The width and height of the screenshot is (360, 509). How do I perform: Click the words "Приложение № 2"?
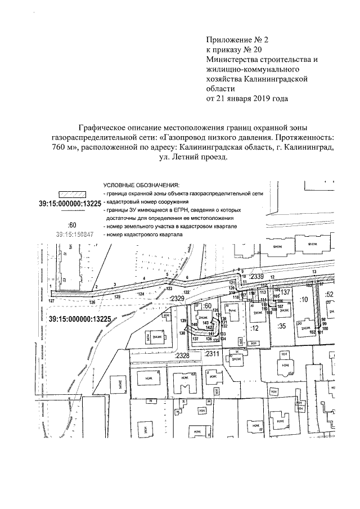pos(231,39)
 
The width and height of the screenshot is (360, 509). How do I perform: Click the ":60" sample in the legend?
pos(73,226)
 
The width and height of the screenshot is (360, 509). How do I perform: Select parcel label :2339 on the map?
pos(256,277)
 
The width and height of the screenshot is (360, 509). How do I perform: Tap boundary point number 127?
pos(52,301)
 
